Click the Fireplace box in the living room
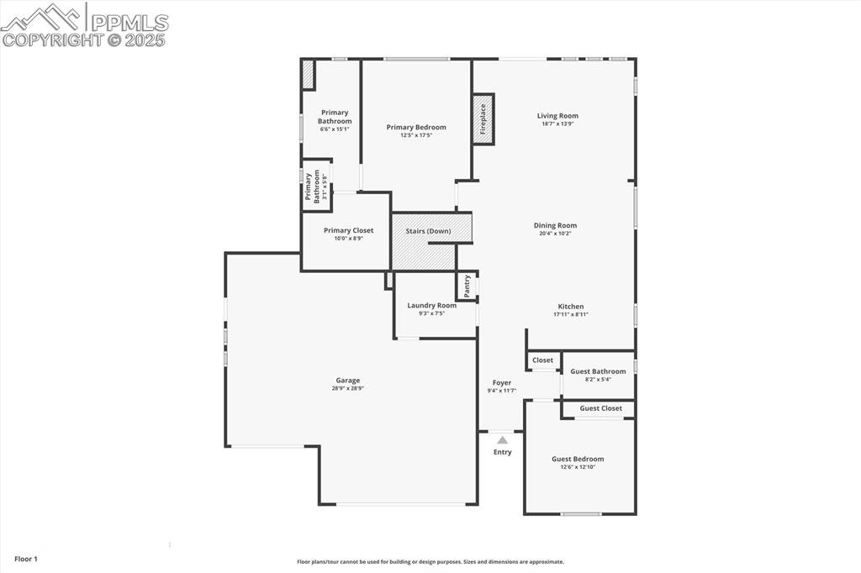pos(483,118)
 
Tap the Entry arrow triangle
pos(502,439)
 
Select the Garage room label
pos(348,380)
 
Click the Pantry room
pos(467,286)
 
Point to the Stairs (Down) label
pos(428,231)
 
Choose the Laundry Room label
pos(432,305)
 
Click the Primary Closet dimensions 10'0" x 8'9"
pos(348,239)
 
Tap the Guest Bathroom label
pos(598,371)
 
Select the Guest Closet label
pos(600,408)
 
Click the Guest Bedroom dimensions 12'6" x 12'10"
pos(578,467)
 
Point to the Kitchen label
pos(570,307)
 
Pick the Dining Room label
pos(555,225)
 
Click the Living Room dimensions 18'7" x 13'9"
pos(557,124)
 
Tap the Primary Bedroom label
pos(416,128)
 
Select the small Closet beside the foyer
pos(542,360)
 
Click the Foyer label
pos(502,383)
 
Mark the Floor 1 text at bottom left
pos(26,559)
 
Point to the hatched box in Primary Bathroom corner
pos(308,74)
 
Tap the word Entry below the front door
pos(502,452)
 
